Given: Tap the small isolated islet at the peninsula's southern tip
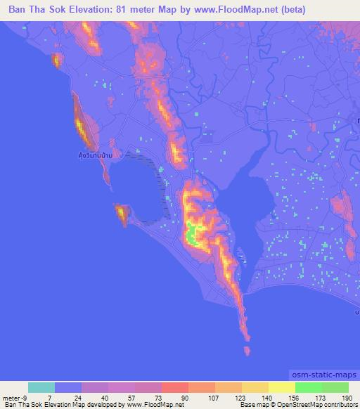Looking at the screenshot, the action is [247, 350].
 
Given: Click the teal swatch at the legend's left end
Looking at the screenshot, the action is [41, 388].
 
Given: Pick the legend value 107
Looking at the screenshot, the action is [216, 398].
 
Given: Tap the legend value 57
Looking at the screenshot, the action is [136, 398].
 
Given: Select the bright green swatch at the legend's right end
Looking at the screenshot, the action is [335, 388].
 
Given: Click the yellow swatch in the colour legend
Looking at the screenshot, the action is [282, 388].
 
